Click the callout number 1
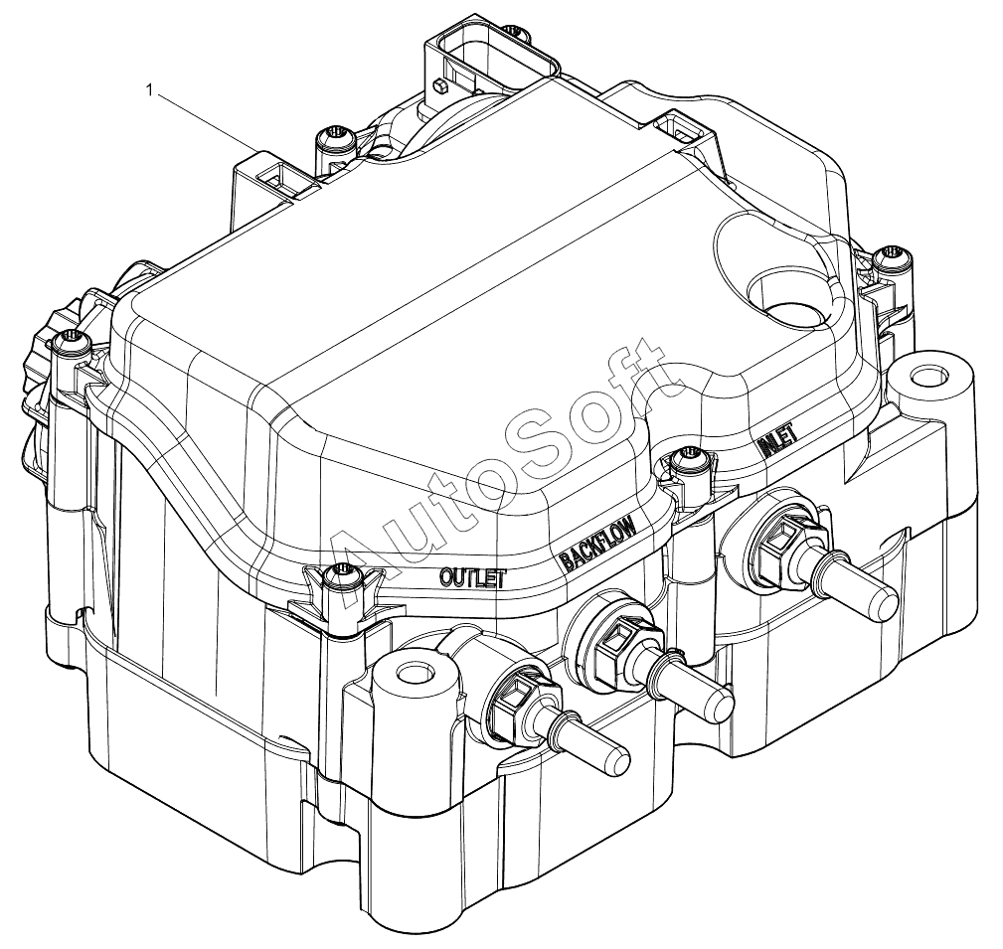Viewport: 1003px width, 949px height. [x=150, y=90]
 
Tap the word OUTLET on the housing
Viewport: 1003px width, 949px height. [x=473, y=578]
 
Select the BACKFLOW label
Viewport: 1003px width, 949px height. [x=598, y=544]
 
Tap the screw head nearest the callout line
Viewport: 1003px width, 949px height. [x=336, y=137]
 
